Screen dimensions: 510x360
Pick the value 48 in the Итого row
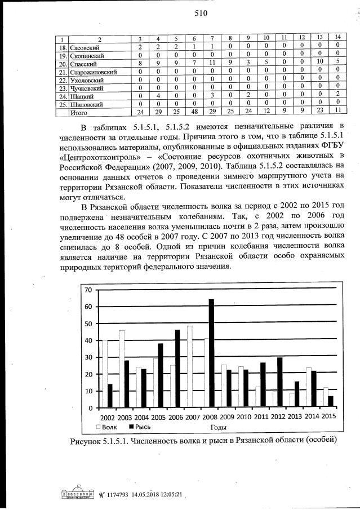point(193,113)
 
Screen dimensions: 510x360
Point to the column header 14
point(336,38)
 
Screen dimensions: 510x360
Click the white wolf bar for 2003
point(121,369)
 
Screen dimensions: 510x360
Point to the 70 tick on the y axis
point(88,290)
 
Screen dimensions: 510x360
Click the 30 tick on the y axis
point(88,357)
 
